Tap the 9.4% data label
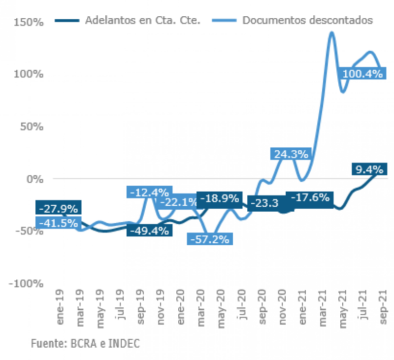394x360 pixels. coord(369,169)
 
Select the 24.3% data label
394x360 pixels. coord(291,154)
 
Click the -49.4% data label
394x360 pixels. coord(149,230)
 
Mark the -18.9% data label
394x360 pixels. coord(219,198)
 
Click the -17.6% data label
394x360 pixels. coord(309,198)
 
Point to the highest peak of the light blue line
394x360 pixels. coord(331,33)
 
